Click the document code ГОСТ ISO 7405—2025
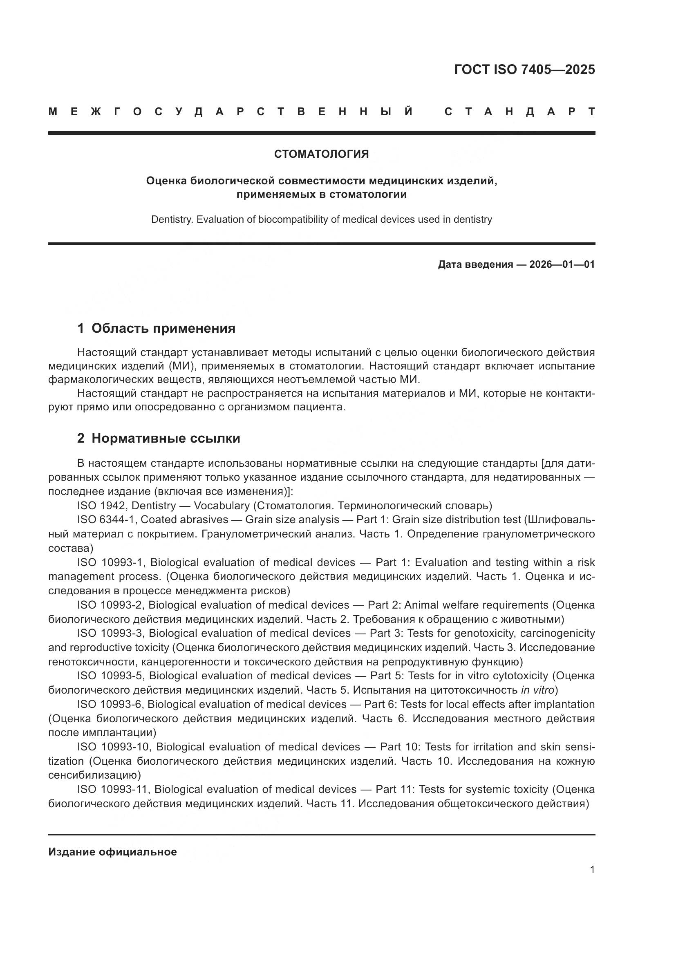coord(524,69)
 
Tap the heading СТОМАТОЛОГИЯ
coord(321,154)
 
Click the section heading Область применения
coord(163,329)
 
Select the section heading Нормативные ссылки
coord(166,439)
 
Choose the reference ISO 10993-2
coord(110,605)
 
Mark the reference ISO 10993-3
coord(110,633)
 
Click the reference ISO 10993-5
coord(110,676)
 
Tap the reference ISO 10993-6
coord(110,704)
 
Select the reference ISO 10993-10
coord(113,747)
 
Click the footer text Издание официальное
coord(112,852)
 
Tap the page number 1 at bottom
coord(592,870)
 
